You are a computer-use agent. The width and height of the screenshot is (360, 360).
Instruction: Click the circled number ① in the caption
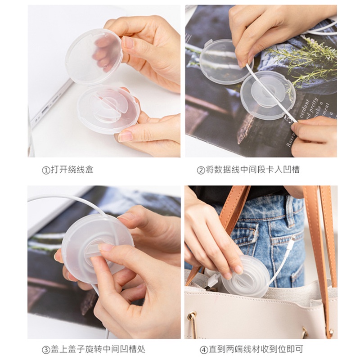click(45, 170)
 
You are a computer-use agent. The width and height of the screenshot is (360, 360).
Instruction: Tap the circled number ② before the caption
click(201, 170)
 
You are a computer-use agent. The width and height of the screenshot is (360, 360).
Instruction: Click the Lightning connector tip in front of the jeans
click(292, 241)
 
